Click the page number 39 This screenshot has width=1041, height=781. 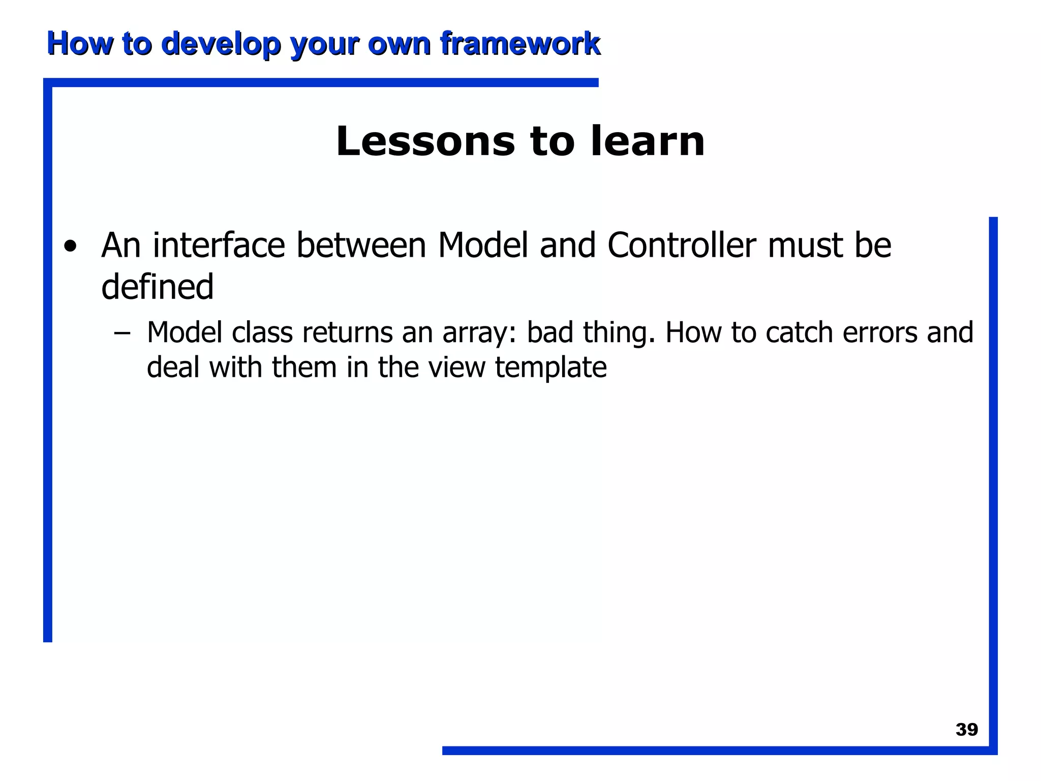pos(967,730)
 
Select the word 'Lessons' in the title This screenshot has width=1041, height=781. pos(425,141)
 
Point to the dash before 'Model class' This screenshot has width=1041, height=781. pos(122,334)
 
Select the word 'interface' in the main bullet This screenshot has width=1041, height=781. pos(219,246)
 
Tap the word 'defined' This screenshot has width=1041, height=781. pos(157,287)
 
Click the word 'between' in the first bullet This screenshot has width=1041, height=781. pos(361,246)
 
